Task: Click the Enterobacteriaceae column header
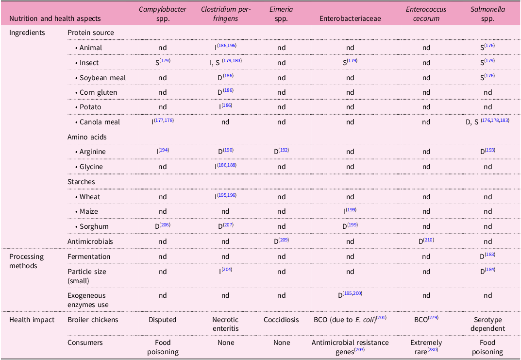pos(350,18)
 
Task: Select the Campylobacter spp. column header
pos(163,14)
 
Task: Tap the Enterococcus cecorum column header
pos(426,14)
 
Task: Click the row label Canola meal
pos(100,122)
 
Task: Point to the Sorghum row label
pos(94,226)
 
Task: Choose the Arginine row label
pos(93,152)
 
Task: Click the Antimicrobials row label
pos(90,241)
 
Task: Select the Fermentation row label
pos(89,257)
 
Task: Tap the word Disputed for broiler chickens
pos(163,320)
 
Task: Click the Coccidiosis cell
pos(281,320)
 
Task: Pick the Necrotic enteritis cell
pos(225,324)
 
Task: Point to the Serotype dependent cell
pos(487,324)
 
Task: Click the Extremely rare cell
pos(426,347)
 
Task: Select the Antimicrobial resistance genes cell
pos(350,347)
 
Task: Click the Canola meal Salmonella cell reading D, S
pos(487,121)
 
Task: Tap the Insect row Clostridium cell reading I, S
pos(226,62)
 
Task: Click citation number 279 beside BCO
pos(433,317)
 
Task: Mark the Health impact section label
pos(32,320)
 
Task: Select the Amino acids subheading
pos(87,137)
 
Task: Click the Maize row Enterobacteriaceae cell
pos(350,211)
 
